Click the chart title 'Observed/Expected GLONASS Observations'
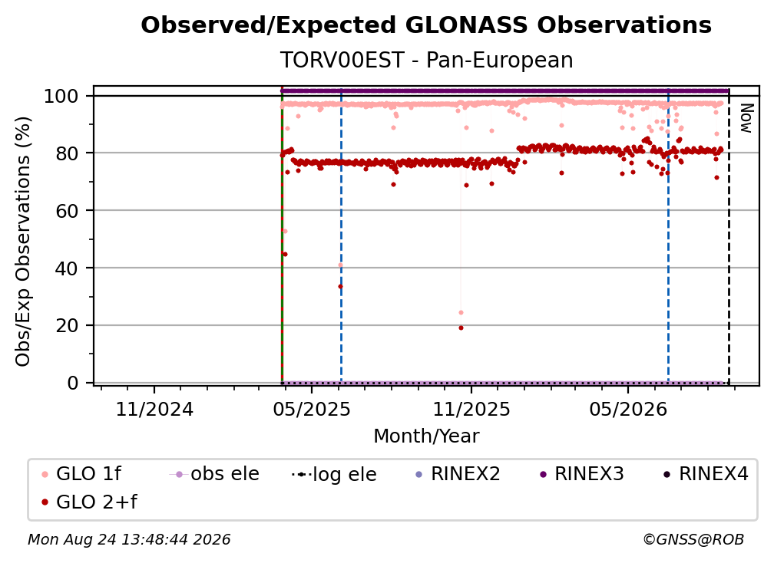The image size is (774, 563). pos(426,25)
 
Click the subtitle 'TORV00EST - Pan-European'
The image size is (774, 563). pos(426,61)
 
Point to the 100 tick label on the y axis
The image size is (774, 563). pos(61,96)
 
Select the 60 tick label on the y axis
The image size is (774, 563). pos(67,211)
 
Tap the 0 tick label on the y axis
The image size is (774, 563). pos(73,383)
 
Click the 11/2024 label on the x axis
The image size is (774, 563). pos(154,410)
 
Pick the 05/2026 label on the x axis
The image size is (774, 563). pos(628,410)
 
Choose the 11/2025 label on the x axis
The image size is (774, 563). pos(471,410)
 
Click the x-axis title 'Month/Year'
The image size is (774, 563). pos(426,436)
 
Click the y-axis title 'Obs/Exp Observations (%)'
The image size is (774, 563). pos(23,242)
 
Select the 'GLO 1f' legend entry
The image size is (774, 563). pos(81,474)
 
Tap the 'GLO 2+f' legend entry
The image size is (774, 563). pos(89,502)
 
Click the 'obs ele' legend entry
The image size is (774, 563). pos(214,474)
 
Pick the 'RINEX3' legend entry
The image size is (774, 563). pos(582,474)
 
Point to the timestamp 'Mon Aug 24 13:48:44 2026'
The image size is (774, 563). pos(129,540)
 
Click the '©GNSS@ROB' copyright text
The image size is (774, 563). pos(693,540)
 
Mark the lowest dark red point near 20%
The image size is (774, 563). pos(461,328)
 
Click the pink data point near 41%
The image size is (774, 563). pos(340,265)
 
